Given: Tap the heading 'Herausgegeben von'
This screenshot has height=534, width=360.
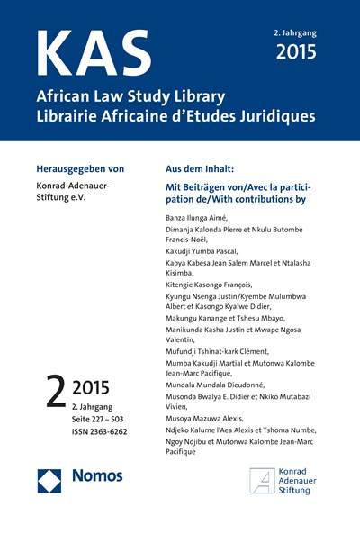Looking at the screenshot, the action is [86, 168].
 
